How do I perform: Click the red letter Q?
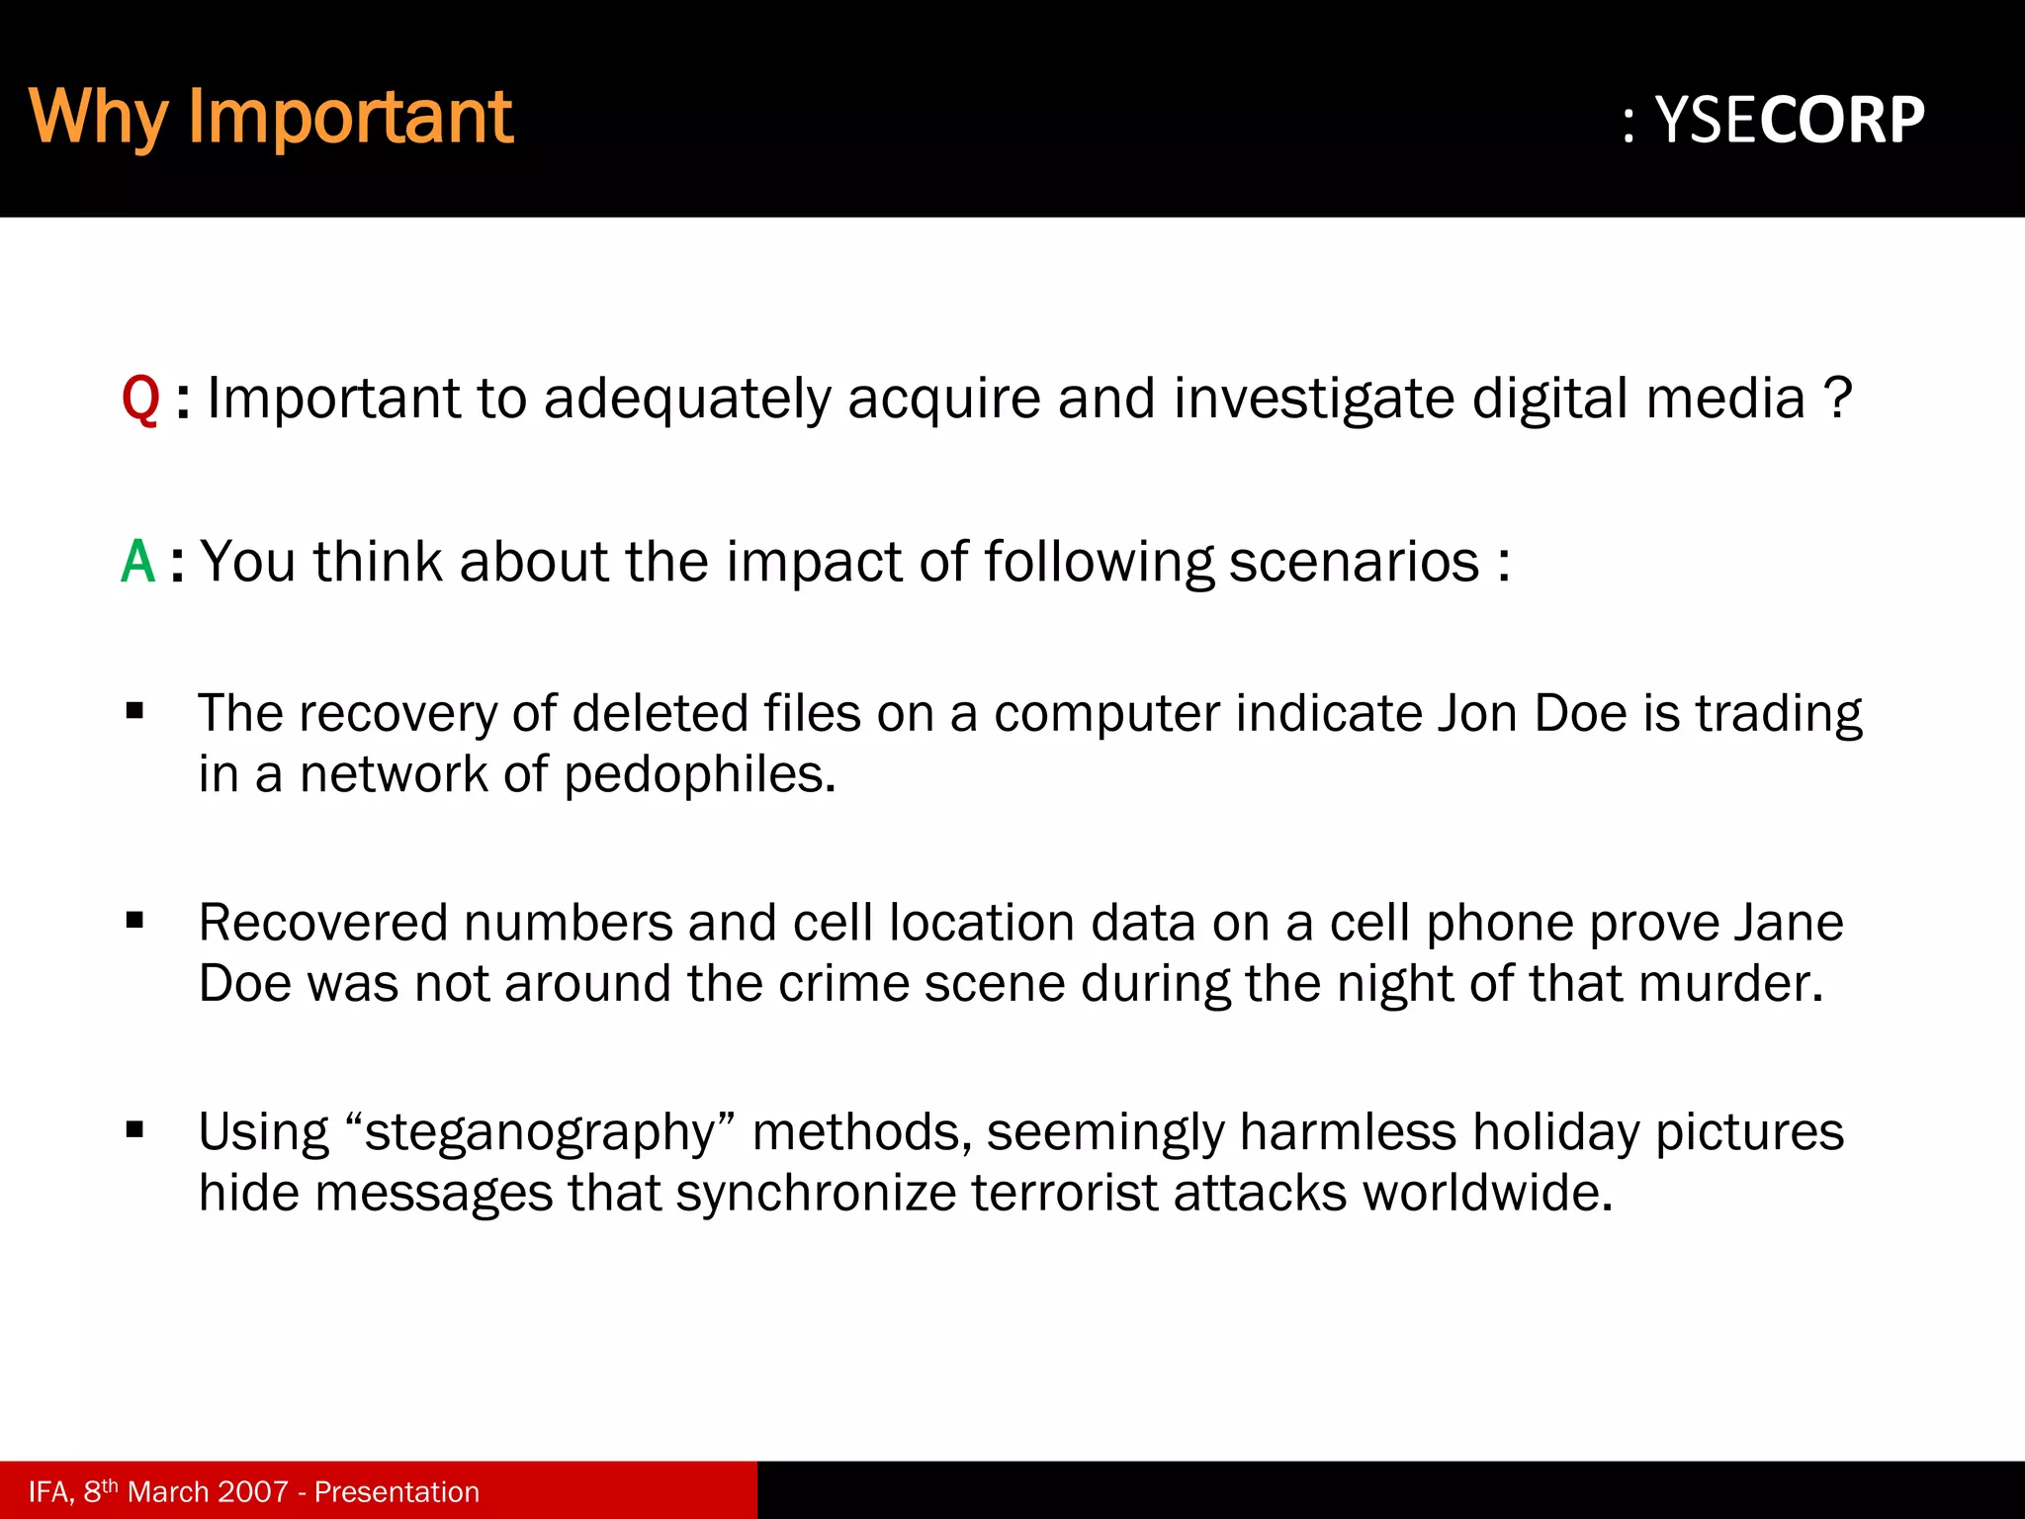click(140, 400)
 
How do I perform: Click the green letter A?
click(138, 562)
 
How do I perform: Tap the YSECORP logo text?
click(1789, 121)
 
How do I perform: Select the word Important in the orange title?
click(350, 117)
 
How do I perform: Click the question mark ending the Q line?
click(1837, 398)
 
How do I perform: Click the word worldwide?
click(1487, 1193)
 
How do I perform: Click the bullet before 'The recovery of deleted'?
click(135, 711)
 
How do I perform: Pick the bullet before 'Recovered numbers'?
click(135, 921)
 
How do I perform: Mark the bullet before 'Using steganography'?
click(135, 1130)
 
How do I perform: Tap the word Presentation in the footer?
click(396, 1491)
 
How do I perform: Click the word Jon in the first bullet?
click(1476, 713)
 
